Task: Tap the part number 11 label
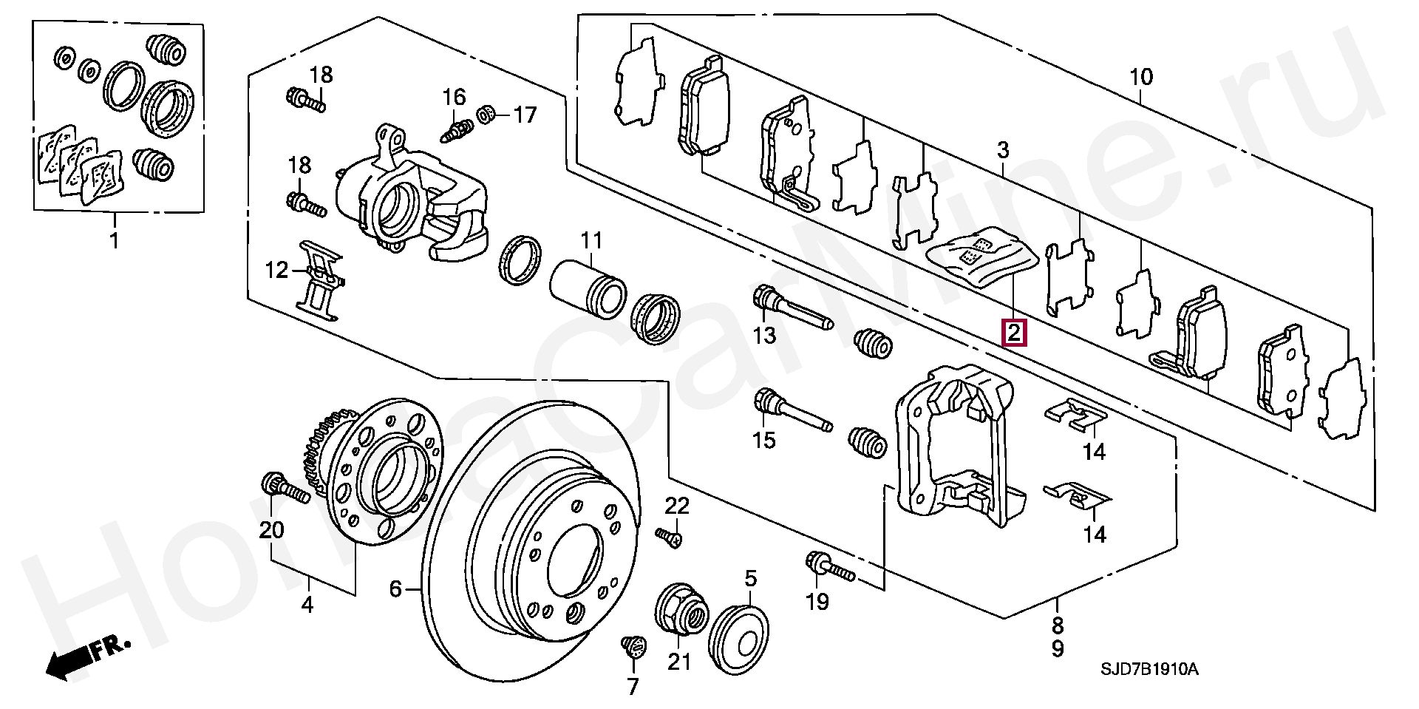591,240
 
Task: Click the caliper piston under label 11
589,289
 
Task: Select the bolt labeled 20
285,488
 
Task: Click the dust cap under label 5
740,639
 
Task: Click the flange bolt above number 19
829,568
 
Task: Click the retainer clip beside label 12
321,280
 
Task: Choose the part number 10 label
1140,77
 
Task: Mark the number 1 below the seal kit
114,241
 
